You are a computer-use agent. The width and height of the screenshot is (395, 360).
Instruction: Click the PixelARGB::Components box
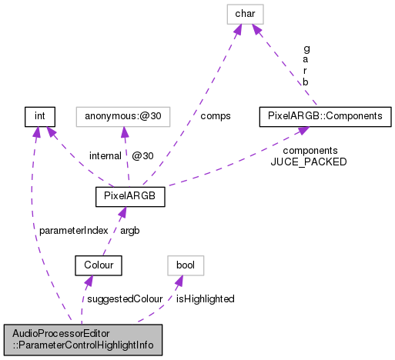326,116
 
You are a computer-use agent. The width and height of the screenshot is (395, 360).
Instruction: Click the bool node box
186,265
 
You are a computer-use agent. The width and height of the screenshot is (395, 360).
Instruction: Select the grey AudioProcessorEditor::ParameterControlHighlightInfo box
82,340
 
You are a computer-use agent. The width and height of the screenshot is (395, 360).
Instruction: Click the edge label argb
130,230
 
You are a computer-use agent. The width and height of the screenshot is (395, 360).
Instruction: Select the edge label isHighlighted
205,298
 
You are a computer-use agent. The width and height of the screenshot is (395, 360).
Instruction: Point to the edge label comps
215,116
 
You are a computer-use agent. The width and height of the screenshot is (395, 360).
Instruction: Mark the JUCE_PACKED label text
308,162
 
